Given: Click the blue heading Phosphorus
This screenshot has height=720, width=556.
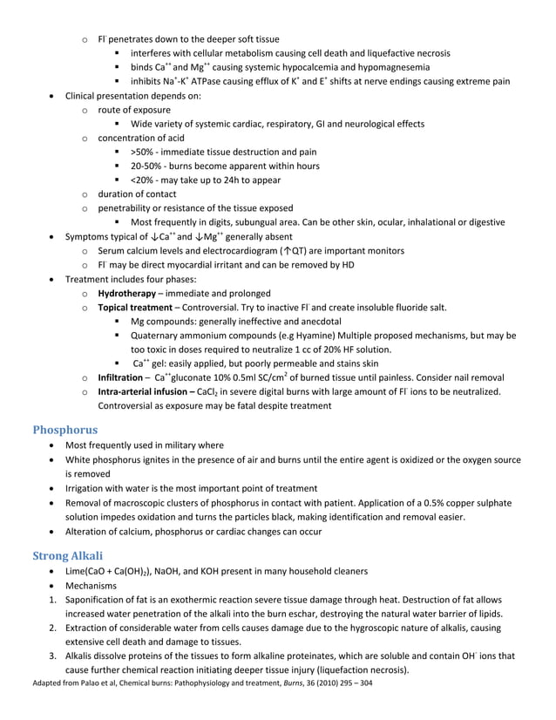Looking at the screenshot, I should click(65, 429).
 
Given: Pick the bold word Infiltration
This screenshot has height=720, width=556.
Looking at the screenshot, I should click(120, 377).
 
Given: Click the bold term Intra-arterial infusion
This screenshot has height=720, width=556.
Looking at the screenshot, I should click(146, 391).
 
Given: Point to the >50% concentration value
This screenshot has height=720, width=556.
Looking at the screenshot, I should click(142, 152).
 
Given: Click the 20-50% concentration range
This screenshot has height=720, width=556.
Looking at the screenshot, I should click(146, 166).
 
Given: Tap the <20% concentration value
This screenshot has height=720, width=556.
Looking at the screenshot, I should click(142, 180).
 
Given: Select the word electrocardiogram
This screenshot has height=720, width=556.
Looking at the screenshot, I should click(232, 251).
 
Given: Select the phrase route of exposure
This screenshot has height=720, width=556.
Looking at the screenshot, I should click(134, 110).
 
